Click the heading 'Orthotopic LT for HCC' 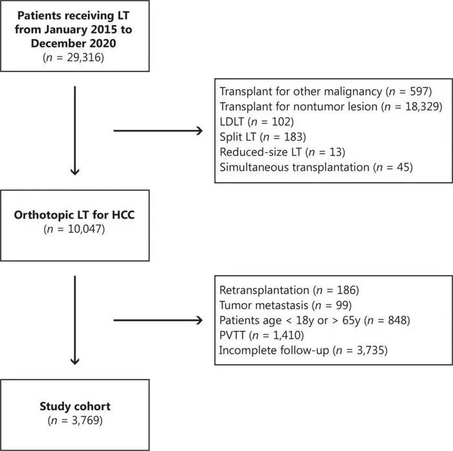click(x=76, y=215)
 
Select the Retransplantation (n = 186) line click(x=289, y=289)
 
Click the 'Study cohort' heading click(x=75, y=407)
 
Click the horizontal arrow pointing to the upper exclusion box click(x=158, y=131)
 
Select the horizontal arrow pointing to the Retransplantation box click(x=158, y=320)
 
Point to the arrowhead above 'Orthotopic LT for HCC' click(x=76, y=171)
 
